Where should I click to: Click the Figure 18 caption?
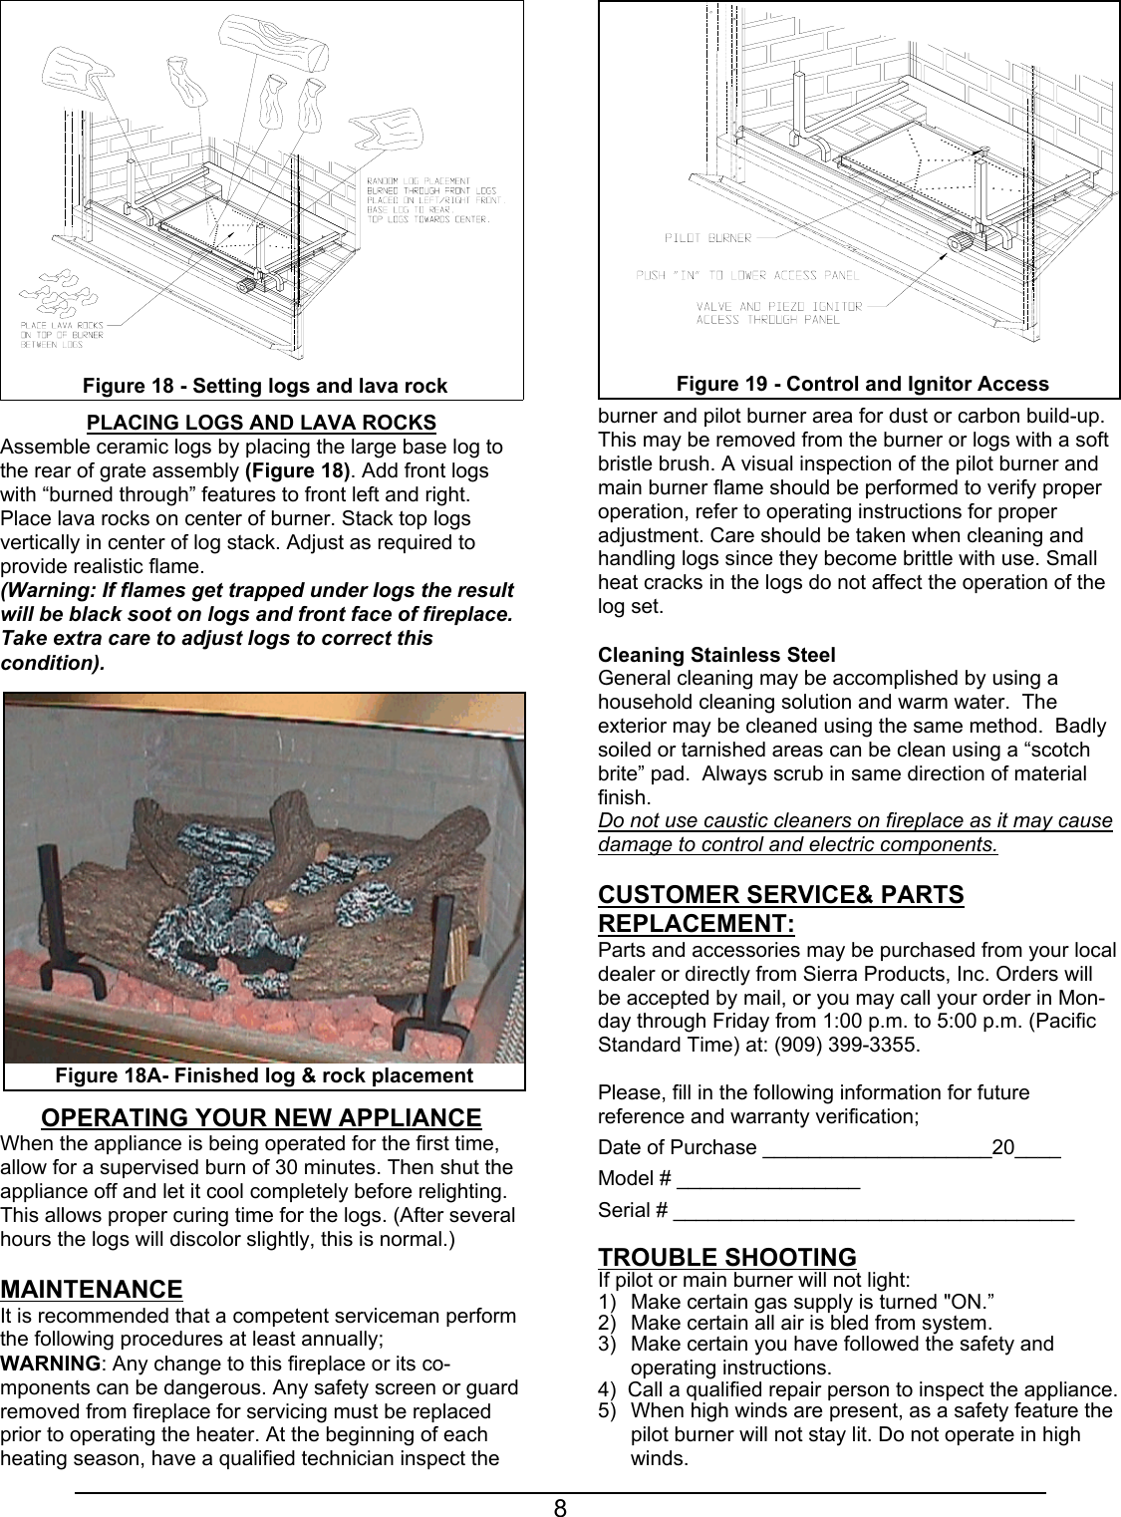[x=264, y=386]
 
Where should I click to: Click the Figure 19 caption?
[x=862, y=384]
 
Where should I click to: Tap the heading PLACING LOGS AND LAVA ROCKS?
[x=262, y=423]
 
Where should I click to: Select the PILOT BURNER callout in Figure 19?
[x=707, y=238]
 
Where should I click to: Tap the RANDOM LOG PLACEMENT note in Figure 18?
[x=427, y=195]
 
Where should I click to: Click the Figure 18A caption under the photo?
[x=264, y=1075]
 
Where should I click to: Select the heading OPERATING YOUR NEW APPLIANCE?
[x=261, y=1117]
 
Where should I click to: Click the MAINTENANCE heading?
[x=92, y=1290]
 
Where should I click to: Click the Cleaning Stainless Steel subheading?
[x=716, y=655]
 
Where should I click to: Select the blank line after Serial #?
[x=873, y=1213]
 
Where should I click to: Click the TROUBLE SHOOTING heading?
[x=726, y=1257]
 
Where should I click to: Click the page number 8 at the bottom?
[x=561, y=1507]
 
